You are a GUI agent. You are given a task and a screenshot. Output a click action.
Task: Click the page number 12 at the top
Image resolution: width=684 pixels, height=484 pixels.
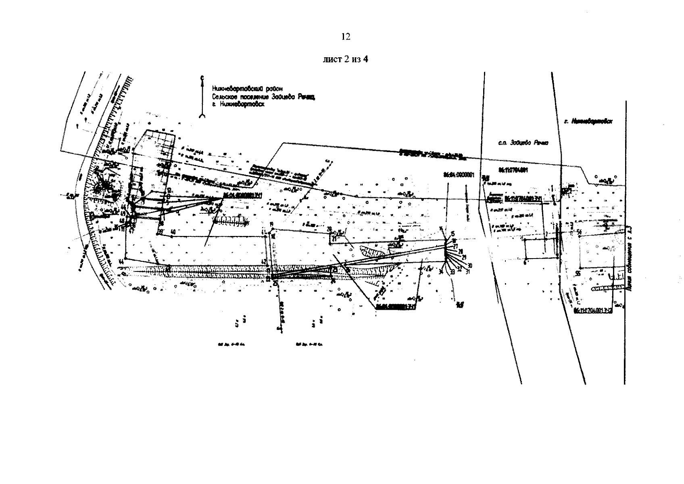[x=346, y=37]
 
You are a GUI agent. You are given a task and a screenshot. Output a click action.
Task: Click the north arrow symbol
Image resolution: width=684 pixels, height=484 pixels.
[x=202, y=97]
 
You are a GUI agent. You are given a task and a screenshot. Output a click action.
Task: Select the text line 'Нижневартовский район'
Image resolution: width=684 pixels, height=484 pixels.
[x=247, y=88]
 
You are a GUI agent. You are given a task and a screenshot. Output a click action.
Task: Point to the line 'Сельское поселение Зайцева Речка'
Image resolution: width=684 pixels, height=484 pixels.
[x=263, y=96]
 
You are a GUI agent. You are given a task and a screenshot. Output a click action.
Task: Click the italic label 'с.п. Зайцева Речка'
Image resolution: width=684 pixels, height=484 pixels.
[x=524, y=143]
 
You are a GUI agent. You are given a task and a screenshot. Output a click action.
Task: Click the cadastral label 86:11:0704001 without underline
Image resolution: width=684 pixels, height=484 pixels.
[x=513, y=170]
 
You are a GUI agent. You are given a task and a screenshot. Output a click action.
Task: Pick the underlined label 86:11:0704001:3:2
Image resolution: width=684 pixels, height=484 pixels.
[x=592, y=311]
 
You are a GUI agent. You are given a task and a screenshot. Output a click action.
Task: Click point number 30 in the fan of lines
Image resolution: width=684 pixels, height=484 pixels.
[x=470, y=265]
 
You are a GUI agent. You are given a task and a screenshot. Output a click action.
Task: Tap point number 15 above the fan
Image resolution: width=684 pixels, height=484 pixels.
[x=452, y=234]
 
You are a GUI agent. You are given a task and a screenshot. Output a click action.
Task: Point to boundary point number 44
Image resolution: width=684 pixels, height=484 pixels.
[x=121, y=262]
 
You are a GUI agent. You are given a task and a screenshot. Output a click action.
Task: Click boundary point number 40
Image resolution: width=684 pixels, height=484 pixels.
[x=173, y=232]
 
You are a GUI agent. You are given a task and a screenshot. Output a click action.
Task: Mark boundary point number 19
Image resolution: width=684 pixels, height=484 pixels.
[x=271, y=224]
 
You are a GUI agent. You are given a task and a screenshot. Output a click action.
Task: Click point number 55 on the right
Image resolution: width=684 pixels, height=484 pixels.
[x=578, y=273]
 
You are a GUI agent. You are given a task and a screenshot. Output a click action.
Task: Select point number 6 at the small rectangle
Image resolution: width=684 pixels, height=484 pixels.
[x=524, y=262]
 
